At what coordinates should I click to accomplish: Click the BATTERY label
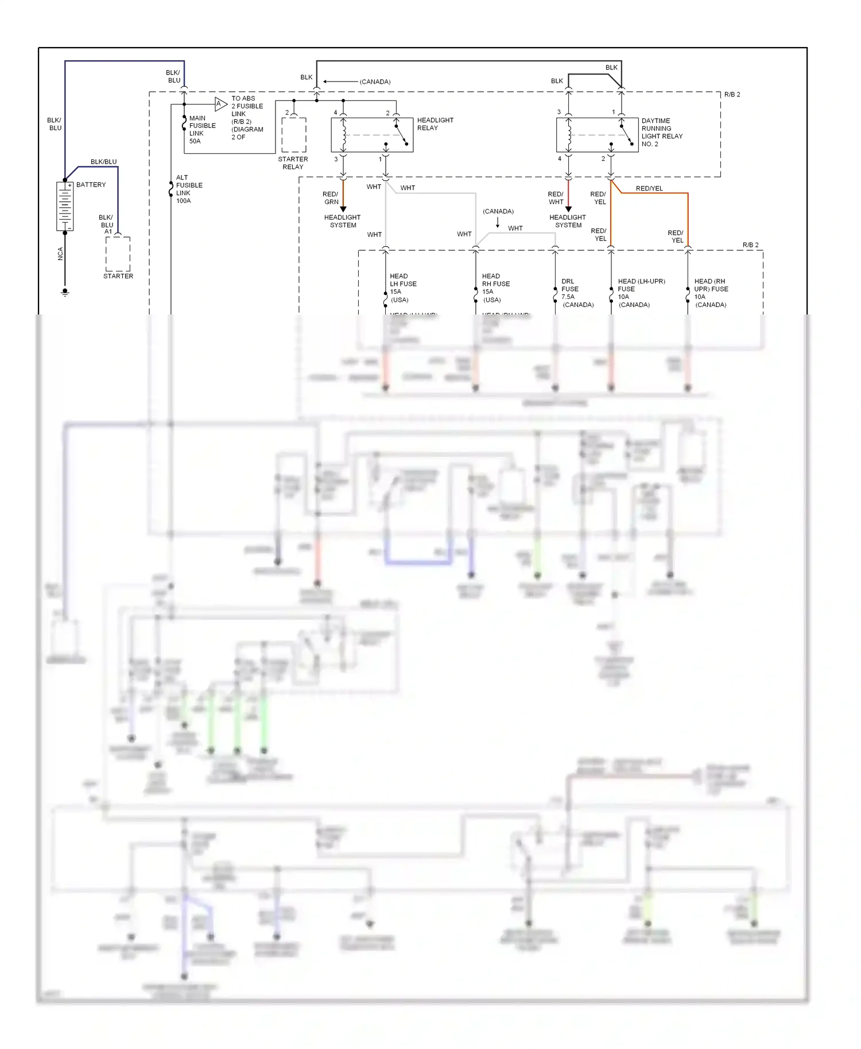[91, 185]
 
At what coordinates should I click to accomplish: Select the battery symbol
[64, 207]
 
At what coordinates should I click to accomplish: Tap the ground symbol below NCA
[65, 292]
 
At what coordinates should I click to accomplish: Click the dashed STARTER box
[118, 254]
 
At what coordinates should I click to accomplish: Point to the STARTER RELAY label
[293, 163]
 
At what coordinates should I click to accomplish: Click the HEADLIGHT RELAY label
[435, 124]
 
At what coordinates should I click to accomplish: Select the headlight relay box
[372, 135]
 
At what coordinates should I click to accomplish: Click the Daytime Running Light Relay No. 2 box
[597, 135]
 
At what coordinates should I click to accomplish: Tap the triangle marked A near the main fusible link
[220, 104]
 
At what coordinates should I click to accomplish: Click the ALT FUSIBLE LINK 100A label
[188, 189]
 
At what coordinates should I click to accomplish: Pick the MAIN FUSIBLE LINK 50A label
[202, 129]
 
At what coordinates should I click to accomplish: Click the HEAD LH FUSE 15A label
[402, 287]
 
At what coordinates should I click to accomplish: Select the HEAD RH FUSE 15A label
[495, 287]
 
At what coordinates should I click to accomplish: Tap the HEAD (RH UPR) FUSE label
[711, 293]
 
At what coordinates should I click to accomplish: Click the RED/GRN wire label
[331, 198]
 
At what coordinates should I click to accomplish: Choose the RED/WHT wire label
[556, 198]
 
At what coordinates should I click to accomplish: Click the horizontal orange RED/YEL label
[649, 188]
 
